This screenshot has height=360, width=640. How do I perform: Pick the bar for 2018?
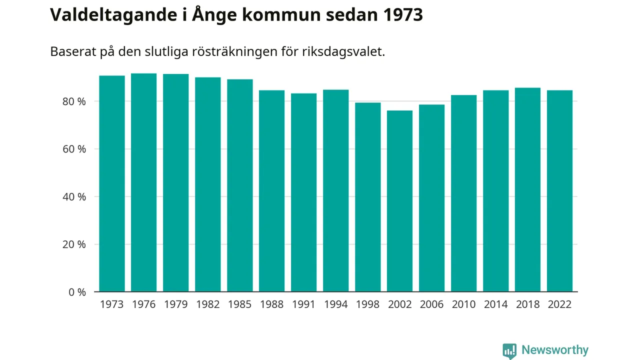528,189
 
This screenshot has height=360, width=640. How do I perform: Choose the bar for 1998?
368,197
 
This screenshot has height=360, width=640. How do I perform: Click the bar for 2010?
464,193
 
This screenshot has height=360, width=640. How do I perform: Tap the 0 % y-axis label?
77,292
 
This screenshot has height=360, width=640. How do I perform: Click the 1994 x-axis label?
336,304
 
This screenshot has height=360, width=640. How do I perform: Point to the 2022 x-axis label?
559,304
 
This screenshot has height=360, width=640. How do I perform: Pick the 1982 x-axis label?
208,304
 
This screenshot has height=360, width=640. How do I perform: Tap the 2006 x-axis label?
431,304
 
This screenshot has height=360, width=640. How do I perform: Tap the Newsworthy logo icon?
509,350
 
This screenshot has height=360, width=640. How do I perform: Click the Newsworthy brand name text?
555,350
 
